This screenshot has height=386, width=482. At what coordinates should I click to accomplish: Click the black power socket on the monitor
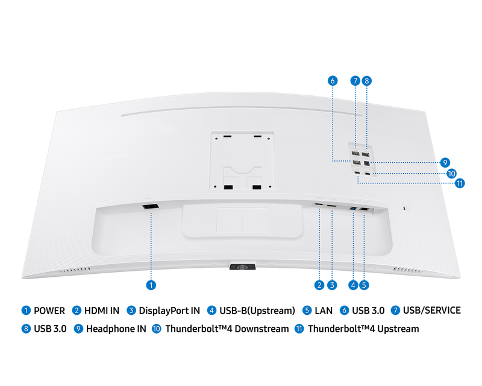coord(151,206)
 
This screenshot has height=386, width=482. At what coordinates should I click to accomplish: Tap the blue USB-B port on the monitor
coord(353,209)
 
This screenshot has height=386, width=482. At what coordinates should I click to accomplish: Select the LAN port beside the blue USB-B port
coord(365,209)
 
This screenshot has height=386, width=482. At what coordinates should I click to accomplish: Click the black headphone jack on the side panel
coord(366,163)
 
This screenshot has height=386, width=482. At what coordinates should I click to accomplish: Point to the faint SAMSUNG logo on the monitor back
coord(116,157)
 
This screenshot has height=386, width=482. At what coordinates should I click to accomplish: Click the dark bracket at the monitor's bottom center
coord(243,267)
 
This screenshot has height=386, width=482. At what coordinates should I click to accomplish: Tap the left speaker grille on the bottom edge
coord(75,270)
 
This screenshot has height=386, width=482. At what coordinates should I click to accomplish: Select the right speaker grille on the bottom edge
coord(408,270)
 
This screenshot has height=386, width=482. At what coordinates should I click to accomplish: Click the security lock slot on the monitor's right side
coord(404,209)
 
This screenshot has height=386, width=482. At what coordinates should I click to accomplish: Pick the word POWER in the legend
coord(49,311)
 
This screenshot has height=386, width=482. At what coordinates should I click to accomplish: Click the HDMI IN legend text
coord(102,311)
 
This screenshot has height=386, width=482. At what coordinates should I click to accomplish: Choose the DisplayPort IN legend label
coord(169,311)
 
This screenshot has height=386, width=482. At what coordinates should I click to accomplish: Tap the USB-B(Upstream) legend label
coord(257,311)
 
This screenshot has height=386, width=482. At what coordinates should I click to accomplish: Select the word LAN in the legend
coord(324,311)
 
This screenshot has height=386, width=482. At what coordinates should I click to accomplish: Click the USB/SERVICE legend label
coord(432,310)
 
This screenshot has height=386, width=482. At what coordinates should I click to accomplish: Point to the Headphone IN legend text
coord(116,329)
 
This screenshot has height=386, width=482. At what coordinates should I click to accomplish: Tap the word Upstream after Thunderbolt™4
coord(398,329)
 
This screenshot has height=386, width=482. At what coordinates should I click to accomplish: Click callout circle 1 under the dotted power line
coord(151,285)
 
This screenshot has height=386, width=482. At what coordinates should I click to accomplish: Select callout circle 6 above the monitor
coord(333,81)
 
